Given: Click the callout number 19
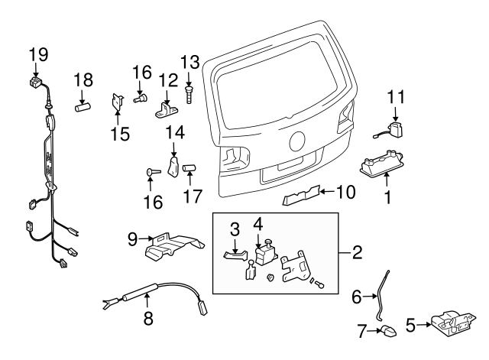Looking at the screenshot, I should pyautogui.click(x=38, y=54).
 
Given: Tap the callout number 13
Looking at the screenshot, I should pyautogui.click(x=189, y=62).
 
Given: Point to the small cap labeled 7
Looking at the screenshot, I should pyautogui.click(x=388, y=331).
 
